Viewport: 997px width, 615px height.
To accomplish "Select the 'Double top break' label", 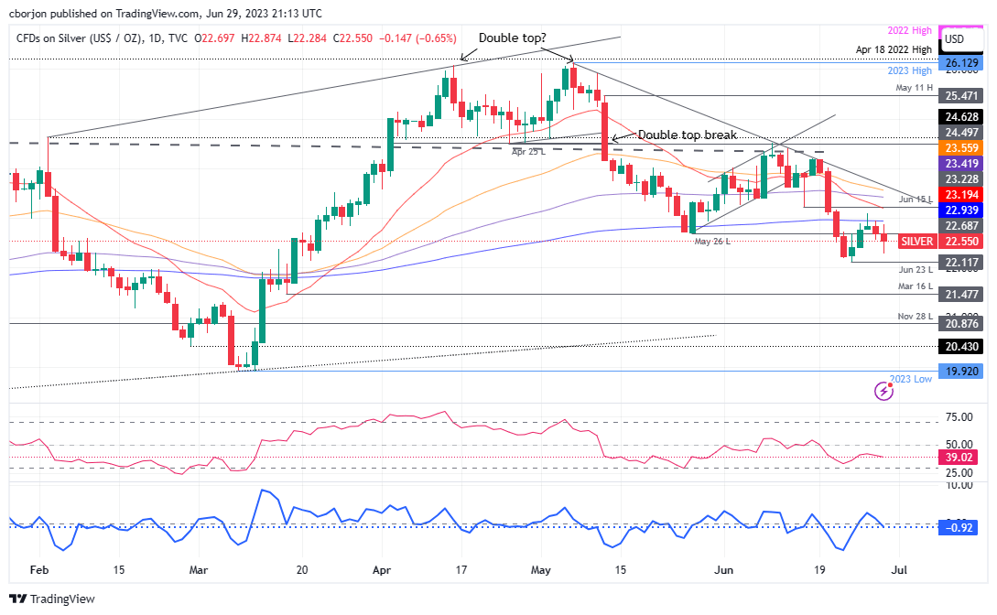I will pyautogui.click(x=688, y=135).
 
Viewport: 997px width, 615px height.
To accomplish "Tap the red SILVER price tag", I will pyautogui.click(x=916, y=242).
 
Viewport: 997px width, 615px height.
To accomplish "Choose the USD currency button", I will pyautogui.click(x=954, y=39).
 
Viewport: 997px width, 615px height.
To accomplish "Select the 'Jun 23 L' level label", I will pyautogui.click(x=914, y=269).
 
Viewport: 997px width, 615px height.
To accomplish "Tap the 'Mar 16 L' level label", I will pyautogui.click(x=914, y=286).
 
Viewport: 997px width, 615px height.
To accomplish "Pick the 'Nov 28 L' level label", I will pyautogui.click(x=914, y=316).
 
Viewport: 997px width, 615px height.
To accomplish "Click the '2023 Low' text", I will pyautogui.click(x=911, y=379).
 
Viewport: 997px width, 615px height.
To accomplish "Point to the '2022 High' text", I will pyautogui.click(x=911, y=31).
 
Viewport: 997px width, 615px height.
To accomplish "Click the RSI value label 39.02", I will pyautogui.click(x=960, y=457).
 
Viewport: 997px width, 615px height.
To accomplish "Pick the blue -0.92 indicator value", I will pyautogui.click(x=960, y=527).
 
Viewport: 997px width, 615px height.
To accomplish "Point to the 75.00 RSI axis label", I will pyautogui.click(x=959, y=417).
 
